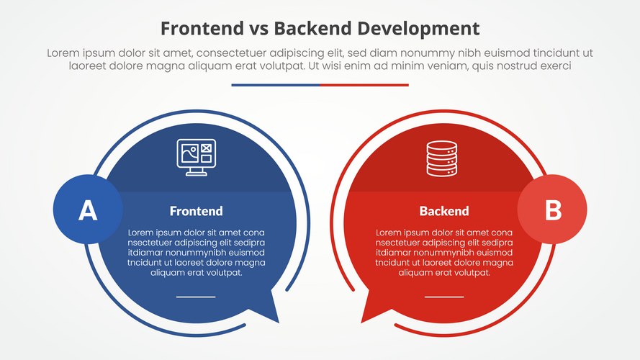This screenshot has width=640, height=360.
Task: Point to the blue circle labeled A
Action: pos(87,210)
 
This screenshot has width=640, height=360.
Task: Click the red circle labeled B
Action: pos(552,210)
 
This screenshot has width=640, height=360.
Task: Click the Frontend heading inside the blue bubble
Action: pos(196,211)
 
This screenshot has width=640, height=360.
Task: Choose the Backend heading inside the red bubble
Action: pos(443,211)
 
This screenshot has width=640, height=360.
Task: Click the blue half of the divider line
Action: pos(276,85)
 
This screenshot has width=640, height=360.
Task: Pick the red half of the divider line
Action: pos(364,85)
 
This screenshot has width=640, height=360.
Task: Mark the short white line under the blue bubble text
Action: pos(196,296)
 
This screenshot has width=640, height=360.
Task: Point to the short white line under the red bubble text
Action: pos(443,296)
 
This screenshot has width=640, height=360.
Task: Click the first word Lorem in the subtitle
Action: pos(63,53)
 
